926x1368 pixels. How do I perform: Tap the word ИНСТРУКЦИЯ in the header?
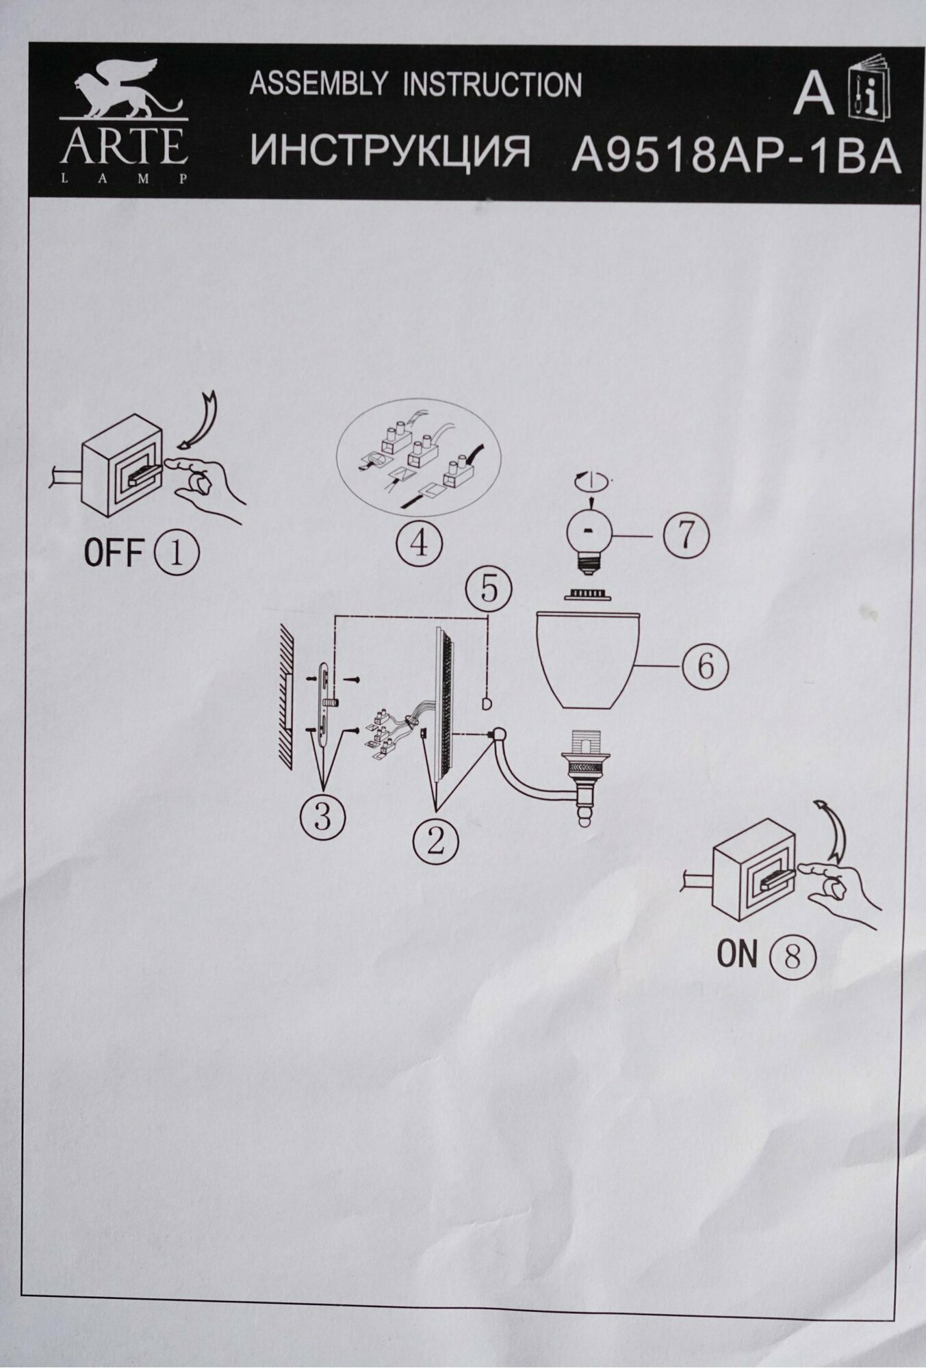point(390,152)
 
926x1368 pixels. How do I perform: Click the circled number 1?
point(177,553)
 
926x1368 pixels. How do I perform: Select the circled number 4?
point(420,544)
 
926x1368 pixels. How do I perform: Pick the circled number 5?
point(489,589)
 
